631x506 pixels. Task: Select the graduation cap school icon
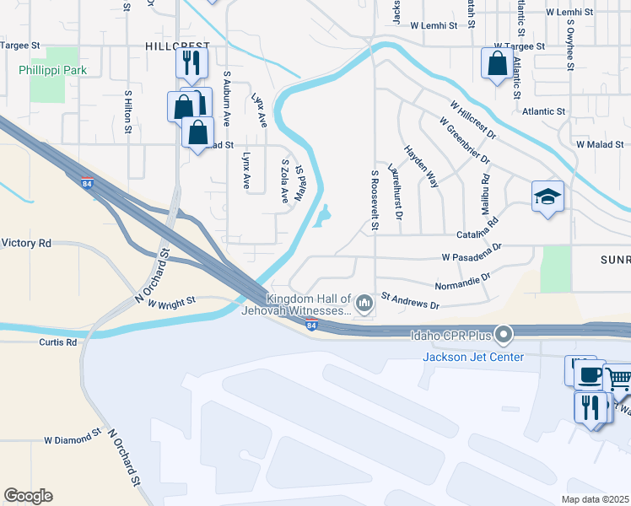pos(547,197)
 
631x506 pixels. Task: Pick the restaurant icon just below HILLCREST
pos(190,62)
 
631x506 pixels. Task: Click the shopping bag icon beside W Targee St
pos(497,62)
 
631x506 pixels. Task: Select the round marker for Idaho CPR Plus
pos(504,336)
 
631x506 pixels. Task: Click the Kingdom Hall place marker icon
pos(364,302)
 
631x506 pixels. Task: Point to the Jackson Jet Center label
pos(473,357)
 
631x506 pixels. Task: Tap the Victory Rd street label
pos(26,243)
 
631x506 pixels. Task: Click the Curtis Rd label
pos(57,342)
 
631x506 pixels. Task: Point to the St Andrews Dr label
pos(411,299)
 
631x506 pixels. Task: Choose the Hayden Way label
pos(421,165)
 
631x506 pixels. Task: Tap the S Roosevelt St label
pos(375,199)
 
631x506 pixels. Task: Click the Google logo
pos(28,496)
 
